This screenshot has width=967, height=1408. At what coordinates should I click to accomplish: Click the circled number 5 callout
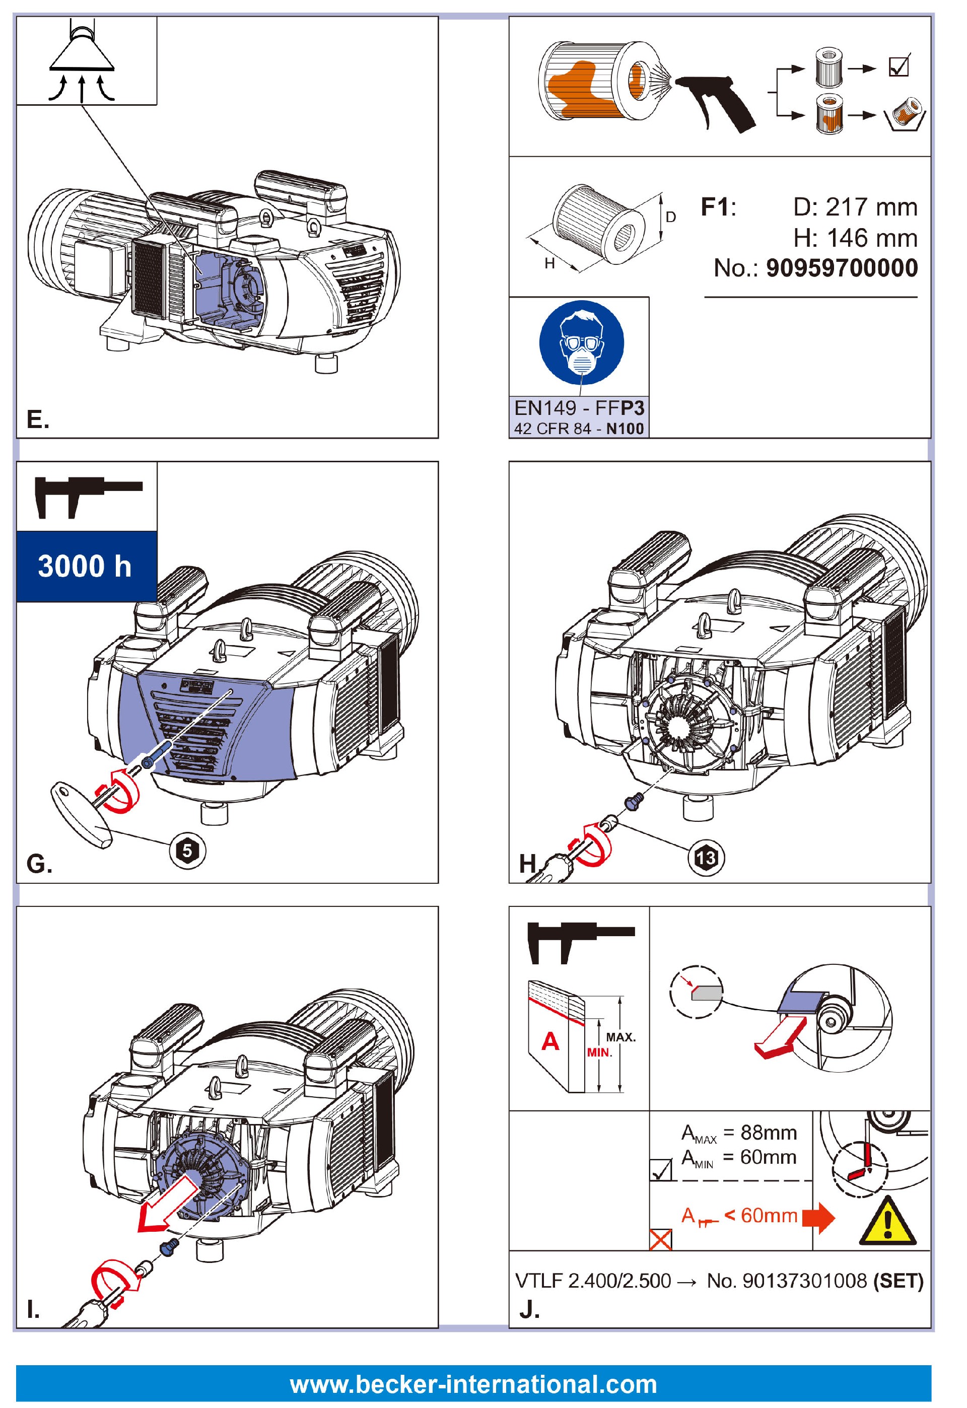187,851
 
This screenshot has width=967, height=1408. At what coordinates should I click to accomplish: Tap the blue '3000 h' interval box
86,567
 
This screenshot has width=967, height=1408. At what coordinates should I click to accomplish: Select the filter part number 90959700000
842,268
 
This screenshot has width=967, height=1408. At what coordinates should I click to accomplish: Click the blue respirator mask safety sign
581,343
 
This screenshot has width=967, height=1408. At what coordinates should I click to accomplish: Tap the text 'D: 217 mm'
855,207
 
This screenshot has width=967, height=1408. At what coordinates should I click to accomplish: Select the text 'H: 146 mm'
855,238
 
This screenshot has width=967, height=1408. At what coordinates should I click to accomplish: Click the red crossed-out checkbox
660,1240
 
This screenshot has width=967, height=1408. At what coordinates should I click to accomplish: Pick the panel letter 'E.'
38,419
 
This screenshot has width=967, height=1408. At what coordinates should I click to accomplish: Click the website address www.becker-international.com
473,1384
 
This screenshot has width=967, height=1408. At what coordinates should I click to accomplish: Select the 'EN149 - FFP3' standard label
579,408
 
